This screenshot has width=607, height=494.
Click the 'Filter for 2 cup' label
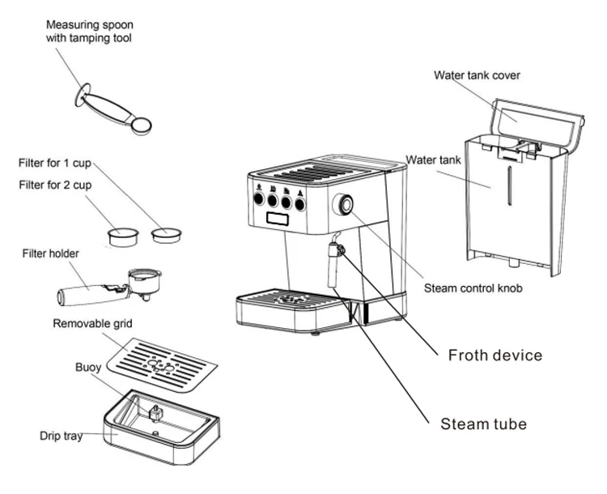[54, 185]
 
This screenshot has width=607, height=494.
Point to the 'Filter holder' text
[50, 253]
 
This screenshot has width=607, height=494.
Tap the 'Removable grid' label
[92, 324]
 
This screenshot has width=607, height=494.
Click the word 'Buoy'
[88, 367]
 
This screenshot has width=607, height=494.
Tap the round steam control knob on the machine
[346, 206]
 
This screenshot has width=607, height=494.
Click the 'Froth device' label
[495, 355]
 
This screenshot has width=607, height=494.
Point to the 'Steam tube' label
[484, 424]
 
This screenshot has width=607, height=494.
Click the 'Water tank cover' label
[477, 75]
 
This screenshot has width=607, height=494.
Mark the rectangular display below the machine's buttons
[274, 219]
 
